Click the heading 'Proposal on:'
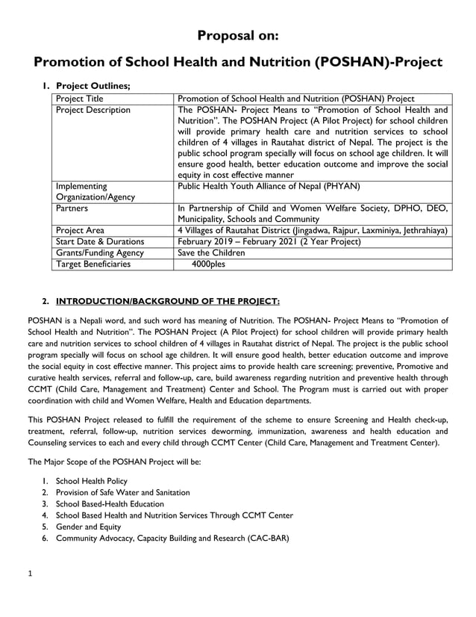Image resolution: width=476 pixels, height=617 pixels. pyautogui.click(x=238, y=35)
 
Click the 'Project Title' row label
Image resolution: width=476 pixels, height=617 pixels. pyautogui.click(x=80, y=99)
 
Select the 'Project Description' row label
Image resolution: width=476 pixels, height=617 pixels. pyautogui.click(x=93, y=111)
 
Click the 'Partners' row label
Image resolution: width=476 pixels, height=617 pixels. pyautogui.click(x=72, y=209)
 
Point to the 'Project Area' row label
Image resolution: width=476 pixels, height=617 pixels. pyautogui.click(x=80, y=231)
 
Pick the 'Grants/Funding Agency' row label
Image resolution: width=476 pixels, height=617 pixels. pyautogui.click(x=99, y=253)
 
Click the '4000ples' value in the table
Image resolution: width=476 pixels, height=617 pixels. pyautogui.click(x=208, y=264)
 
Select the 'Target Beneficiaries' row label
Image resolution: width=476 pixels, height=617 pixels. pyautogui.click(x=93, y=264)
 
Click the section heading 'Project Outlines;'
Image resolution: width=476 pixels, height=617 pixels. pyautogui.click(x=93, y=86)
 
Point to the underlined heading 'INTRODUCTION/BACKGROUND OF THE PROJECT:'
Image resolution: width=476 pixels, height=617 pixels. pyautogui.click(x=168, y=302)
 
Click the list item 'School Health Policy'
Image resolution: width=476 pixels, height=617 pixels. pyautogui.click(x=91, y=481)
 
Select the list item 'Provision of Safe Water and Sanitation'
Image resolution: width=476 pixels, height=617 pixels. pyautogui.click(x=122, y=492)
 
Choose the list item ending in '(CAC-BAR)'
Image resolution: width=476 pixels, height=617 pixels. pyautogui.click(x=172, y=538)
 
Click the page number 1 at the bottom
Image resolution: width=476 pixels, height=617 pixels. pyautogui.click(x=30, y=574)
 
